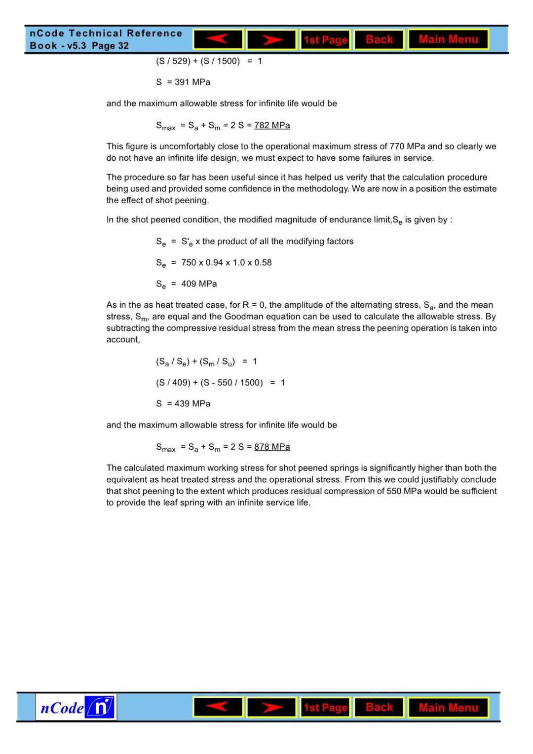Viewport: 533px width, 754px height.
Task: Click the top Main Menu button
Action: [x=448, y=39]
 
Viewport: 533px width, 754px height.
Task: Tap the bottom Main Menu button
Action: [x=448, y=708]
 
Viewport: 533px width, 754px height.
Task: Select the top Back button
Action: [x=379, y=39]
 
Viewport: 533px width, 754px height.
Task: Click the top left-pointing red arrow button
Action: [x=218, y=39]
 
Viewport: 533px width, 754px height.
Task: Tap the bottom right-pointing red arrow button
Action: [x=271, y=708]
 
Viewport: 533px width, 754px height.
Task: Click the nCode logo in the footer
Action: [x=76, y=708]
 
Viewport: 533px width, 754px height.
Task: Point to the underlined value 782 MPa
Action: [x=272, y=125]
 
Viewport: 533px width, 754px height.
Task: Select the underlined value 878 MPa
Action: [x=272, y=447]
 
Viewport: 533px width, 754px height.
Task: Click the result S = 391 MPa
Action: [x=183, y=82]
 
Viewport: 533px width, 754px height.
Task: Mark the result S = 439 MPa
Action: [x=183, y=404]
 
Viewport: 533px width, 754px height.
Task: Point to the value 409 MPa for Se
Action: [x=199, y=284]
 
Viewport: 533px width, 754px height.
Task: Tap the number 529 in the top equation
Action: [x=181, y=61]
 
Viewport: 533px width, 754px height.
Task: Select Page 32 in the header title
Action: [x=111, y=46]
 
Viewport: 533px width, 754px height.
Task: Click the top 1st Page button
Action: [x=325, y=39]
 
